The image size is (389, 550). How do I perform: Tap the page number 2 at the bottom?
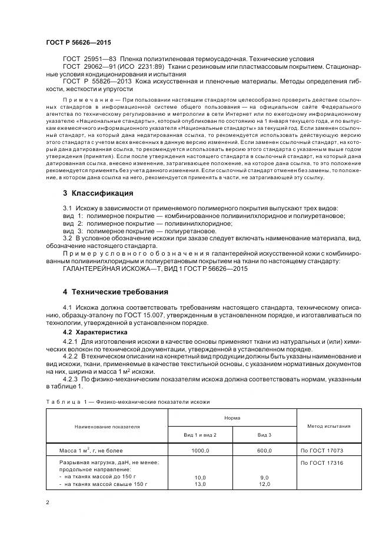tap(48, 502)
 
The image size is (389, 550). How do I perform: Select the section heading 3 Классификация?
tap(98, 193)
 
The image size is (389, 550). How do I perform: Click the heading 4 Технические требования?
tap(115, 291)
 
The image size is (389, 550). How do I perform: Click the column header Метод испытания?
tap(328, 426)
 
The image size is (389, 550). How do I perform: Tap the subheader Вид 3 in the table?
tap(265, 434)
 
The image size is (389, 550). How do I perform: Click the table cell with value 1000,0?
tap(200, 450)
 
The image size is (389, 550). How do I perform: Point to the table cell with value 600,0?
tap(265, 450)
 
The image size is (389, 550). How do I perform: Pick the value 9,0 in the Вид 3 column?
tap(265, 477)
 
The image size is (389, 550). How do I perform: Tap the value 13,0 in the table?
tap(200, 484)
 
